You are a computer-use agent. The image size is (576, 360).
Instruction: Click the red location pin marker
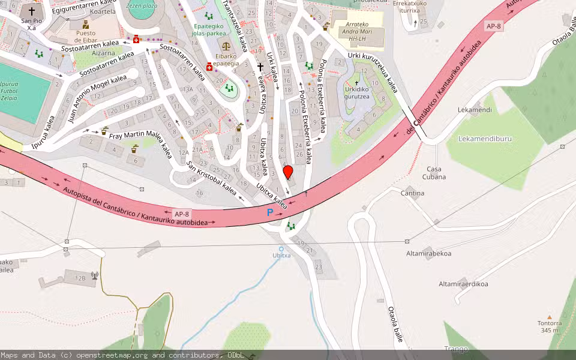click(x=288, y=172)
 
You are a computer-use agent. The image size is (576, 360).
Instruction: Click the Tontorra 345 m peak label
click(x=549, y=326)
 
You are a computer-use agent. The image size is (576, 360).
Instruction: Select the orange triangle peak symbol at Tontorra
click(x=549, y=317)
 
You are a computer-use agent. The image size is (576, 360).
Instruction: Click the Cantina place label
click(x=412, y=193)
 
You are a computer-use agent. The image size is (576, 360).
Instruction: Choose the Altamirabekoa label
click(x=428, y=253)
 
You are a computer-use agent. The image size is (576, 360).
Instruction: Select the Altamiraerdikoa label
click(x=463, y=284)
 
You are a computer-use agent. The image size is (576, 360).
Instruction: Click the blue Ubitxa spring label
click(x=281, y=255)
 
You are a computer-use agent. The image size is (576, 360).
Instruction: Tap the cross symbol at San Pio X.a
click(x=32, y=11)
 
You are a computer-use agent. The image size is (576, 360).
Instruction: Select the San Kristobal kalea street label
click(x=212, y=178)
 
